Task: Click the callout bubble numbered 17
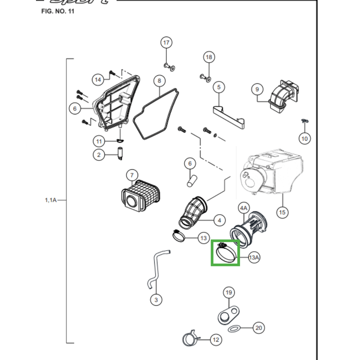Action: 166,43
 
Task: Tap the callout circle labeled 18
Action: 208,57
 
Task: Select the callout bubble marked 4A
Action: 243,208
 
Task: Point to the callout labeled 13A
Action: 254,257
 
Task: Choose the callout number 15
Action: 282,212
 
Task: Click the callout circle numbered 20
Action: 258,328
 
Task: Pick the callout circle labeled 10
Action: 305,138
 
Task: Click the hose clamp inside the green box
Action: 225,253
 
